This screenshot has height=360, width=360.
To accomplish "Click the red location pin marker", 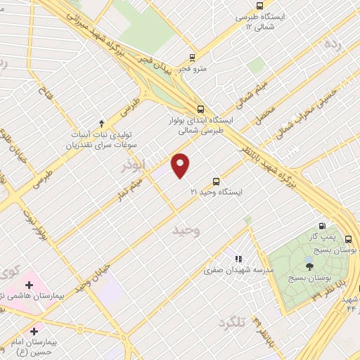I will (x=181, y=165).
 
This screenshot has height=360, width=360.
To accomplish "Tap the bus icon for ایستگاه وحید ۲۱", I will (x=216, y=180).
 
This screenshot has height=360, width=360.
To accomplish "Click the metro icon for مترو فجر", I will (x=193, y=57).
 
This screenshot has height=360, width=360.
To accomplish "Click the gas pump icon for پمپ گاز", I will (x=322, y=226).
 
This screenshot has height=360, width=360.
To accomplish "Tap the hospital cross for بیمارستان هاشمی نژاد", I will (x=29, y=285).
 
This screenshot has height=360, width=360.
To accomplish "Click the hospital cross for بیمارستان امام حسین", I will (x=33, y=330).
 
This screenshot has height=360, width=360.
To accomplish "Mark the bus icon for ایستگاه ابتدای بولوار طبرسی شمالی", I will (x=201, y=109).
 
